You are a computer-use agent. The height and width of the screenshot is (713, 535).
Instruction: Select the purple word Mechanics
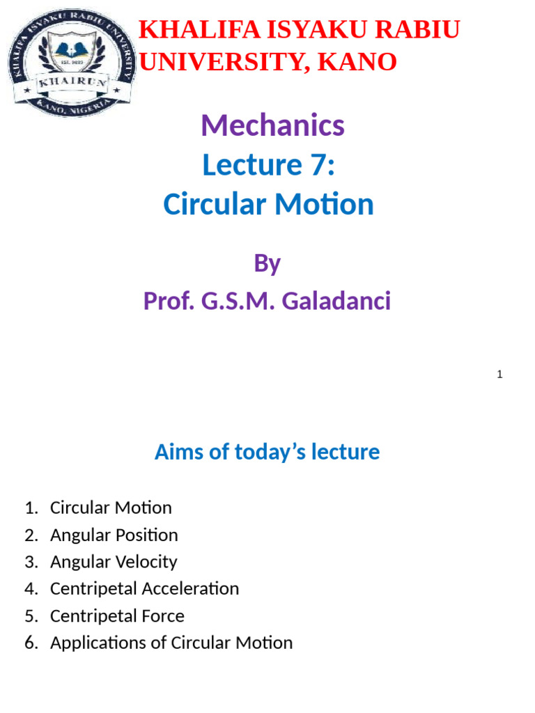point(272,126)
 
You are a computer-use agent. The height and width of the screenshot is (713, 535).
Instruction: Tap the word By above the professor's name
point(267,263)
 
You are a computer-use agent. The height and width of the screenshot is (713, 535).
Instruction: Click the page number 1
point(499,375)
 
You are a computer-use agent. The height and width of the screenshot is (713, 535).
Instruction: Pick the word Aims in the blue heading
point(179,452)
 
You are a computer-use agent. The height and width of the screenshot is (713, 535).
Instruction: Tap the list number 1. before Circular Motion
point(31,508)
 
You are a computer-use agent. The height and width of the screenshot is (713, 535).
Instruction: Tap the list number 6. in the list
point(31,643)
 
